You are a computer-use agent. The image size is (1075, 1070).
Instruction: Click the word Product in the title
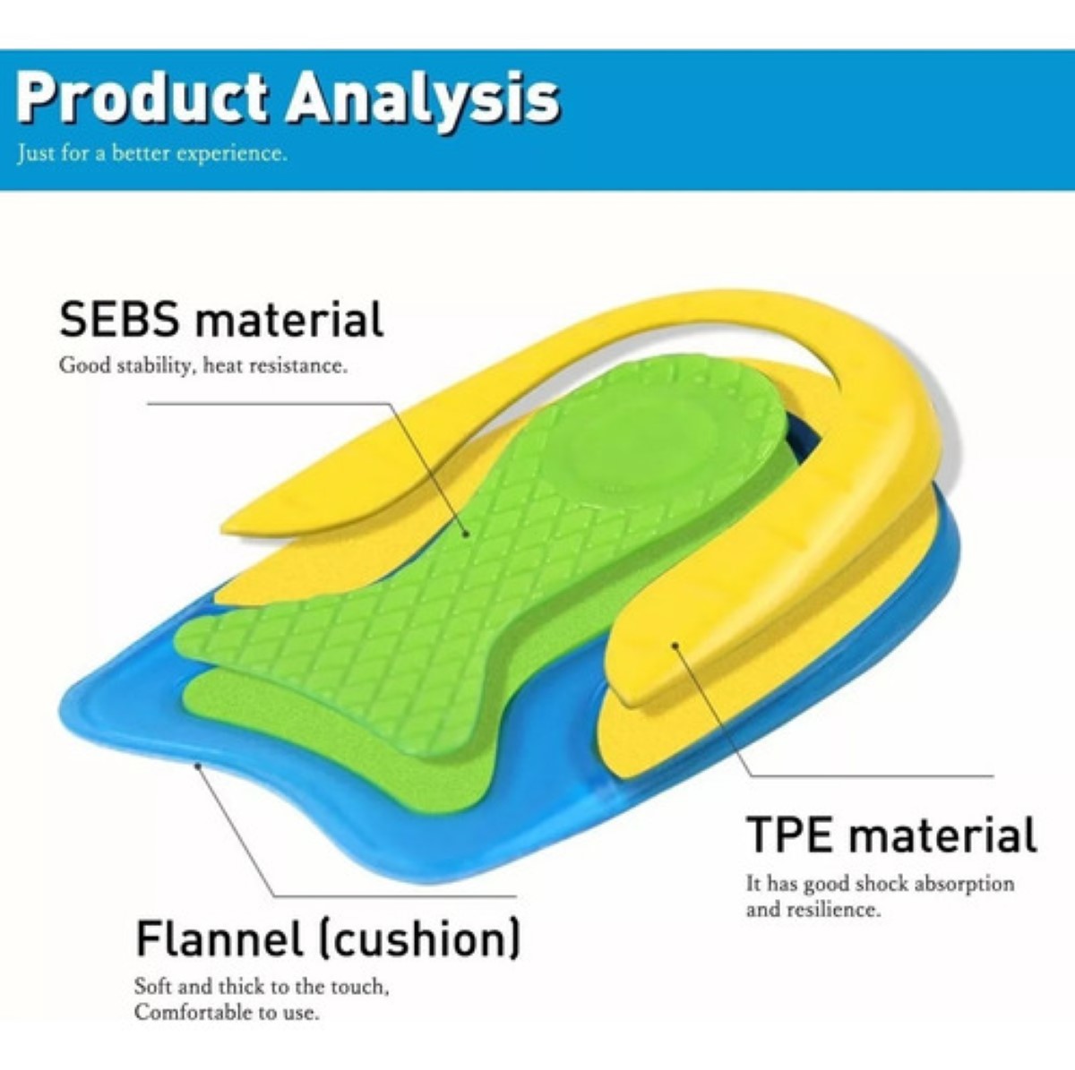point(142,98)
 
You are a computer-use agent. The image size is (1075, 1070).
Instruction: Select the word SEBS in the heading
point(120,319)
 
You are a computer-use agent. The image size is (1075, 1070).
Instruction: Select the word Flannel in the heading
point(218,940)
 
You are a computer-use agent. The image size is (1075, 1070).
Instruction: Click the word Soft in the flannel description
point(152,987)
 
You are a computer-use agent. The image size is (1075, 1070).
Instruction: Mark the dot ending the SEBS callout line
point(467,535)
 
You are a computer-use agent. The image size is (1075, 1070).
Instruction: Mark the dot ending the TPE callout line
point(675,646)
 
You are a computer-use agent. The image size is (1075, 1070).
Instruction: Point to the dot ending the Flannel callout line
point(197,766)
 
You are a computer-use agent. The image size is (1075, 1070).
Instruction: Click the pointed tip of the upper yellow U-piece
point(224,526)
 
